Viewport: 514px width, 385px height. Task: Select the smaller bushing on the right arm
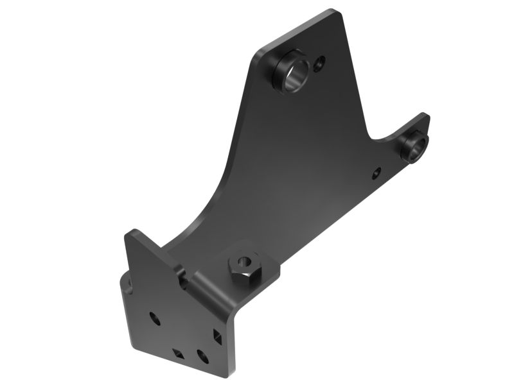tap(414, 146)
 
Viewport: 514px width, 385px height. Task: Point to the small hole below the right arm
tap(377, 172)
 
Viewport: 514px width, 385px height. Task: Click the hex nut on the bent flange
tap(245, 265)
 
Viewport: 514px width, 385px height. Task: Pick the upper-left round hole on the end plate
tap(154, 317)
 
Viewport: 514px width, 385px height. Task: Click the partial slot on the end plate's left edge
tap(128, 284)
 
